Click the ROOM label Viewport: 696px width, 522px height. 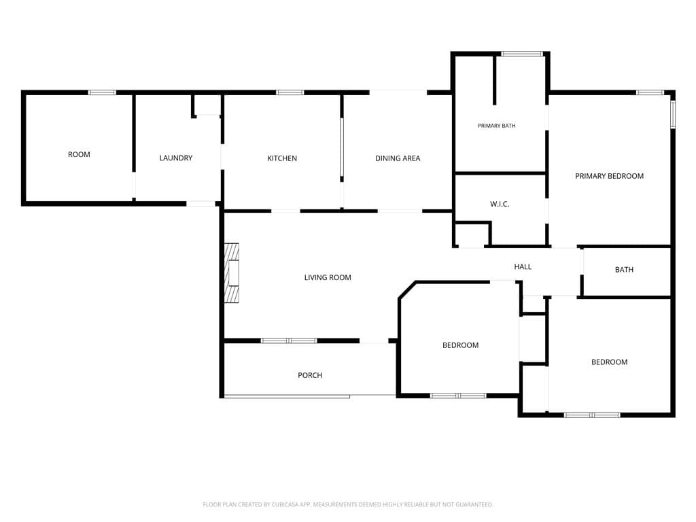(79, 154)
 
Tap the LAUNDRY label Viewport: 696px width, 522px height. (176, 158)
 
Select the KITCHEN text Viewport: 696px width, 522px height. (282, 158)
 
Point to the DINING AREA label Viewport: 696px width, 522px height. (397, 158)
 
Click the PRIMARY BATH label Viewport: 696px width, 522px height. (497, 126)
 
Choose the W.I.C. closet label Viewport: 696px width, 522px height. (500, 204)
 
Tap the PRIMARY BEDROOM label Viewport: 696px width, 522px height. (609, 176)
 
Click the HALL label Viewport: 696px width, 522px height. (523, 266)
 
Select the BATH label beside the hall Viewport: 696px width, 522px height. (624, 270)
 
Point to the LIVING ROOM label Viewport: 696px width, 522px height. (328, 278)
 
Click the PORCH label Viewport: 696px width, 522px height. (310, 375)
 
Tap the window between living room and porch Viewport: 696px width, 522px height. (288, 341)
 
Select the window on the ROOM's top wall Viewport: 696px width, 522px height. (102, 92)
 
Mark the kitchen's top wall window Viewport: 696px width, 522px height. (290, 92)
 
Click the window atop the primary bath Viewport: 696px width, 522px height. (522, 54)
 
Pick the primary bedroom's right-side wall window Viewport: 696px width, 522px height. (672, 114)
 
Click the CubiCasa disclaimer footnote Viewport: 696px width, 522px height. (348, 505)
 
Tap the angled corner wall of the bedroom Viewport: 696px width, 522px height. (407, 290)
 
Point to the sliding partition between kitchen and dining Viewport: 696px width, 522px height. (342, 147)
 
